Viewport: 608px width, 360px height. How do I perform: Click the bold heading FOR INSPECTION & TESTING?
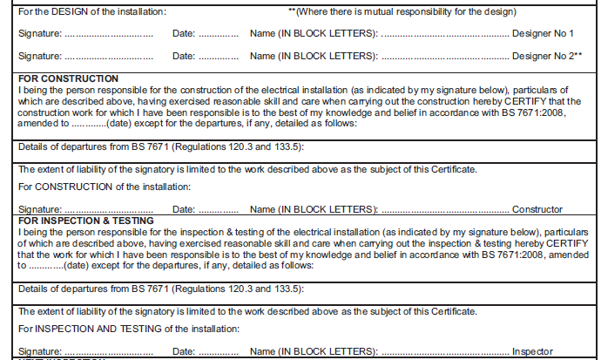tap(86, 221)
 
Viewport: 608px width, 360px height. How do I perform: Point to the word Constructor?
tap(537, 210)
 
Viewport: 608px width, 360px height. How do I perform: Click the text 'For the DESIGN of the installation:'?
tap(92, 12)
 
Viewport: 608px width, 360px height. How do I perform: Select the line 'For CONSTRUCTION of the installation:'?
tap(105, 187)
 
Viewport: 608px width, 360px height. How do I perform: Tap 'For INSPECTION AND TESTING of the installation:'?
tap(129, 329)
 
